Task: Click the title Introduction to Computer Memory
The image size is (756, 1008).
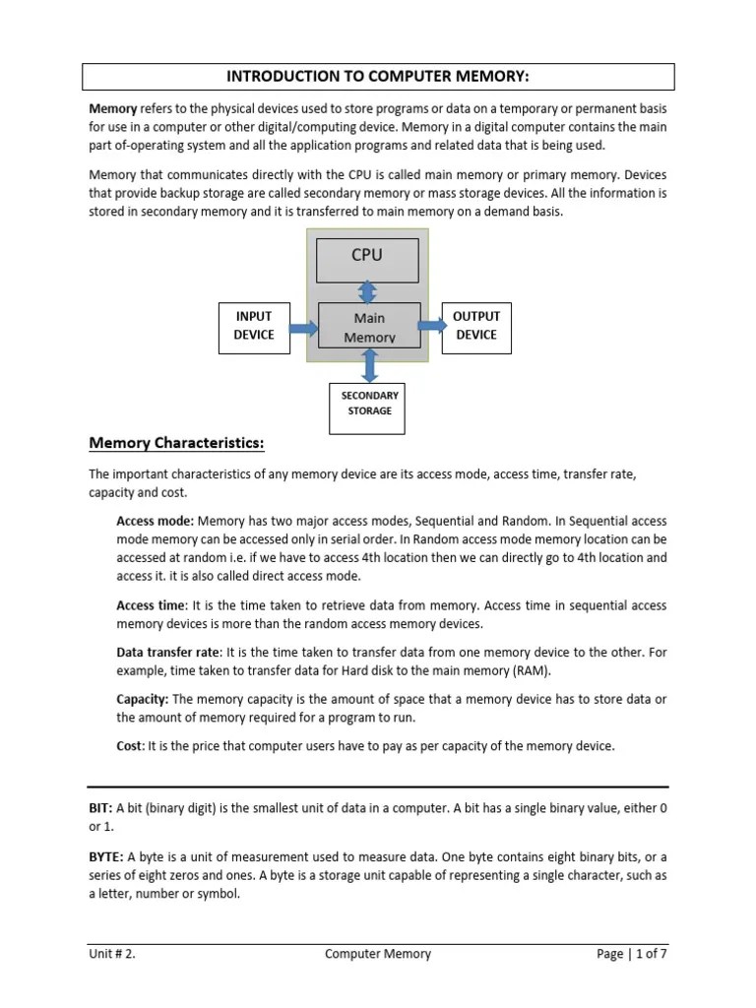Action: click(x=378, y=77)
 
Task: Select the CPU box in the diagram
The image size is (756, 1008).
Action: click(x=367, y=258)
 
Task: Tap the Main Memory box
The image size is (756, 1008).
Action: click(x=369, y=326)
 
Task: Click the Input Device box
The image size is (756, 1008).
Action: click(x=253, y=326)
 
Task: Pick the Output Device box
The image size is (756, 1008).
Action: click(x=475, y=326)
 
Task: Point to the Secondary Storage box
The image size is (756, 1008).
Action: click(x=369, y=404)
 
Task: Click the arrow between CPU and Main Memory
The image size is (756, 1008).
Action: click(x=367, y=292)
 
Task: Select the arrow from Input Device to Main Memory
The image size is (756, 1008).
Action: click(x=304, y=327)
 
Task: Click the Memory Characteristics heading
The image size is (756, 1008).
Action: click(x=176, y=442)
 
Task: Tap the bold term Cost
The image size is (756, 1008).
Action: click(x=129, y=746)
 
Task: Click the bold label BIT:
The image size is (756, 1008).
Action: click(x=100, y=807)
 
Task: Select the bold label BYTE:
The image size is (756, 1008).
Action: click(x=105, y=856)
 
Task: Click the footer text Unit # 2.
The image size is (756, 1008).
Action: click(x=113, y=954)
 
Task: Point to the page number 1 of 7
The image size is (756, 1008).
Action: click(x=650, y=954)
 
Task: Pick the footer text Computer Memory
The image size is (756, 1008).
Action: click(x=378, y=954)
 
